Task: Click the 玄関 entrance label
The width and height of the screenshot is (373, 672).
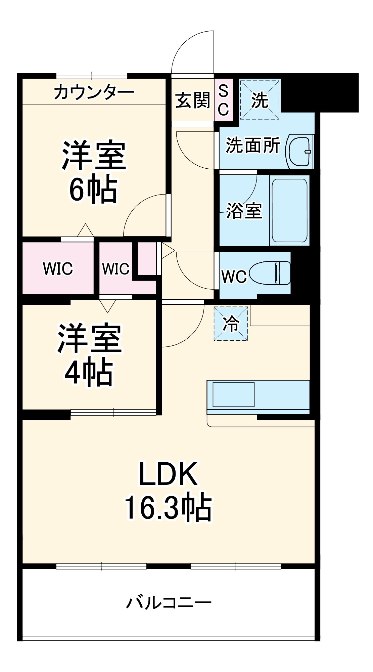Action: pyautogui.click(x=193, y=100)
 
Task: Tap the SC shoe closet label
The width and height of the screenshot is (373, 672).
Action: pyautogui.click(x=223, y=100)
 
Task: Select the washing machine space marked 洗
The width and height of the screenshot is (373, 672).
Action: pyautogui.click(x=260, y=100)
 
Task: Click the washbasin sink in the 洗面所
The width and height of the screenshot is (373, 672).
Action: pyautogui.click(x=300, y=152)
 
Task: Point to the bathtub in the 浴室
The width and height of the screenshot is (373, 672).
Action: pyautogui.click(x=290, y=210)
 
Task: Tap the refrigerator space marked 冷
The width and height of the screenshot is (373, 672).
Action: pyautogui.click(x=231, y=324)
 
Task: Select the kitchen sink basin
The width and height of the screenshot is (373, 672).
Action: pyautogui.click(x=234, y=394)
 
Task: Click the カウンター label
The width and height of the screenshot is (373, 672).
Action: pyautogui.click(x=94, y=92)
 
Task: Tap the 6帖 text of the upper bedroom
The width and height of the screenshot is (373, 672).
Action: pyautogui.click(x=93, y=190)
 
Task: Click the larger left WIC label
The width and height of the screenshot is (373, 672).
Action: pyautogui.click(x=58, y=268)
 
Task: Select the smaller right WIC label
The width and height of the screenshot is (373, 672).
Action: pyautogui.click(x=115, y=269)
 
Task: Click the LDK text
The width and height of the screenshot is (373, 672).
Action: pyautogui.click(x=168, y=474)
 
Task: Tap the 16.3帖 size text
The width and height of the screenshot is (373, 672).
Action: pyautogui.click(x=168, y=507)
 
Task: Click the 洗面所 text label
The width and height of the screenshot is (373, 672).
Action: pyautogui.click(x=253, y=145)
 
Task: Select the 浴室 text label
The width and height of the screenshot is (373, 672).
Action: pyautogui.click(x=244, y=211)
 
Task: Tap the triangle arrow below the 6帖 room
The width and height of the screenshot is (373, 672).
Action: pyautogui.click(x=86, y=230)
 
